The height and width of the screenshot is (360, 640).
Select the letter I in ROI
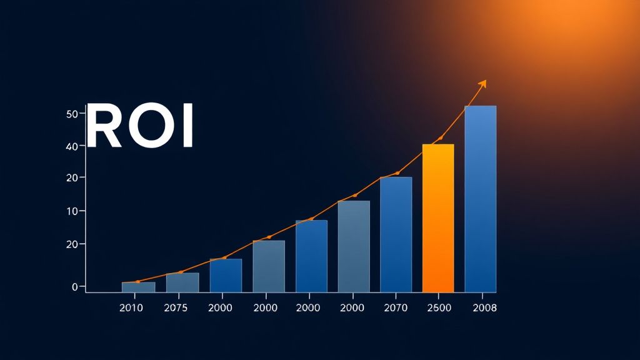point(187,126)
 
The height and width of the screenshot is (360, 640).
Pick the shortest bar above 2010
point(138,287)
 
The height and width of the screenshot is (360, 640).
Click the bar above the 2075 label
point(182,282)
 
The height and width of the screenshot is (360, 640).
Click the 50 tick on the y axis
point(71,114)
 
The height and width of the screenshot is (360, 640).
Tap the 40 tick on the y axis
point(71,146)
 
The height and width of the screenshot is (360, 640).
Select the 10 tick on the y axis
point(71,211)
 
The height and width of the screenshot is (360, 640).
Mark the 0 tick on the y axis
point(74,287)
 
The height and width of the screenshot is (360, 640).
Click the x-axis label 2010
point(131,307)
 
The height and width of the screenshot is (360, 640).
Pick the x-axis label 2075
point(176,307)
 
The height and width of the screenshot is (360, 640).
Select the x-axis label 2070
point(395,307)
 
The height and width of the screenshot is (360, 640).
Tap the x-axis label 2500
point(437,307)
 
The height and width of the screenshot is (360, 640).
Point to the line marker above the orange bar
point(441,138)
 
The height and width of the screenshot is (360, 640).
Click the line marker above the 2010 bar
point(138,282)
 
